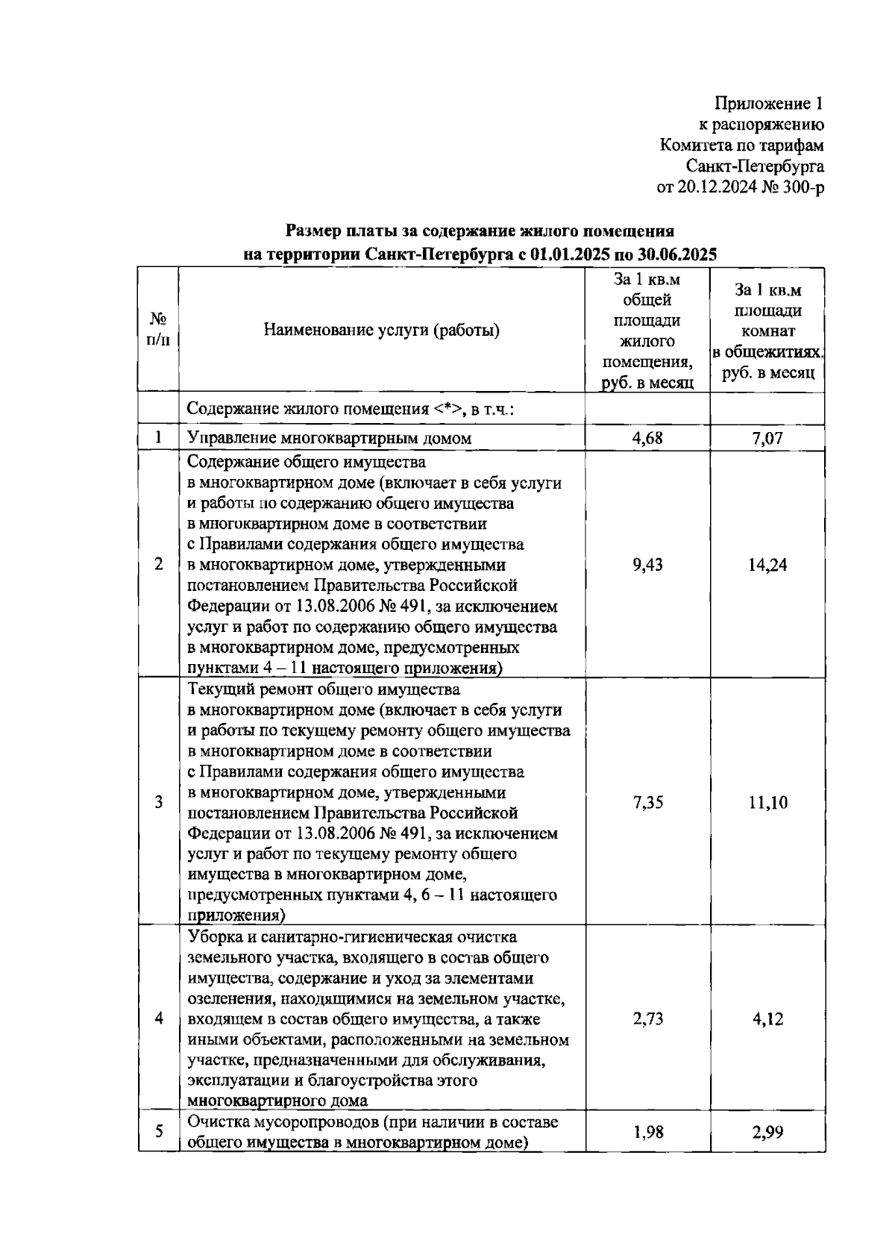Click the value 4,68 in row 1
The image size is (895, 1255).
pos(647,438)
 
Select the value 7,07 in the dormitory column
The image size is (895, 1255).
pos(767,438)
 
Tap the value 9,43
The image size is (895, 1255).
pos(647,565)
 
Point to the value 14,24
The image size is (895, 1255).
pos(767,565)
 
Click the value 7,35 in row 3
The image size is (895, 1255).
pos(647,802)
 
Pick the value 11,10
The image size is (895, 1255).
pos(767,802)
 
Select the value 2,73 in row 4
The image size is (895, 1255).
pos(647,1018)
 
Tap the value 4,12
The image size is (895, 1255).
pos(767,1018)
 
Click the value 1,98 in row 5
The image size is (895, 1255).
pos(647,1133)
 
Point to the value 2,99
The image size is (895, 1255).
pos(767,1133)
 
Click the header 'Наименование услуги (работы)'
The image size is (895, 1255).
pos(381,331)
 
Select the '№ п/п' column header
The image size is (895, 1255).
pos(158,330)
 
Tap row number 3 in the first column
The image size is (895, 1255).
pos(158,802)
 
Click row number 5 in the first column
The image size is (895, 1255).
pos(158,1133)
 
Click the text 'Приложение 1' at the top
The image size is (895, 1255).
pos(769,103)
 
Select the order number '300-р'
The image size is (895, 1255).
pos(803,187)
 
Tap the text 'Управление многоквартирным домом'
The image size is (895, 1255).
pos(329,438)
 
